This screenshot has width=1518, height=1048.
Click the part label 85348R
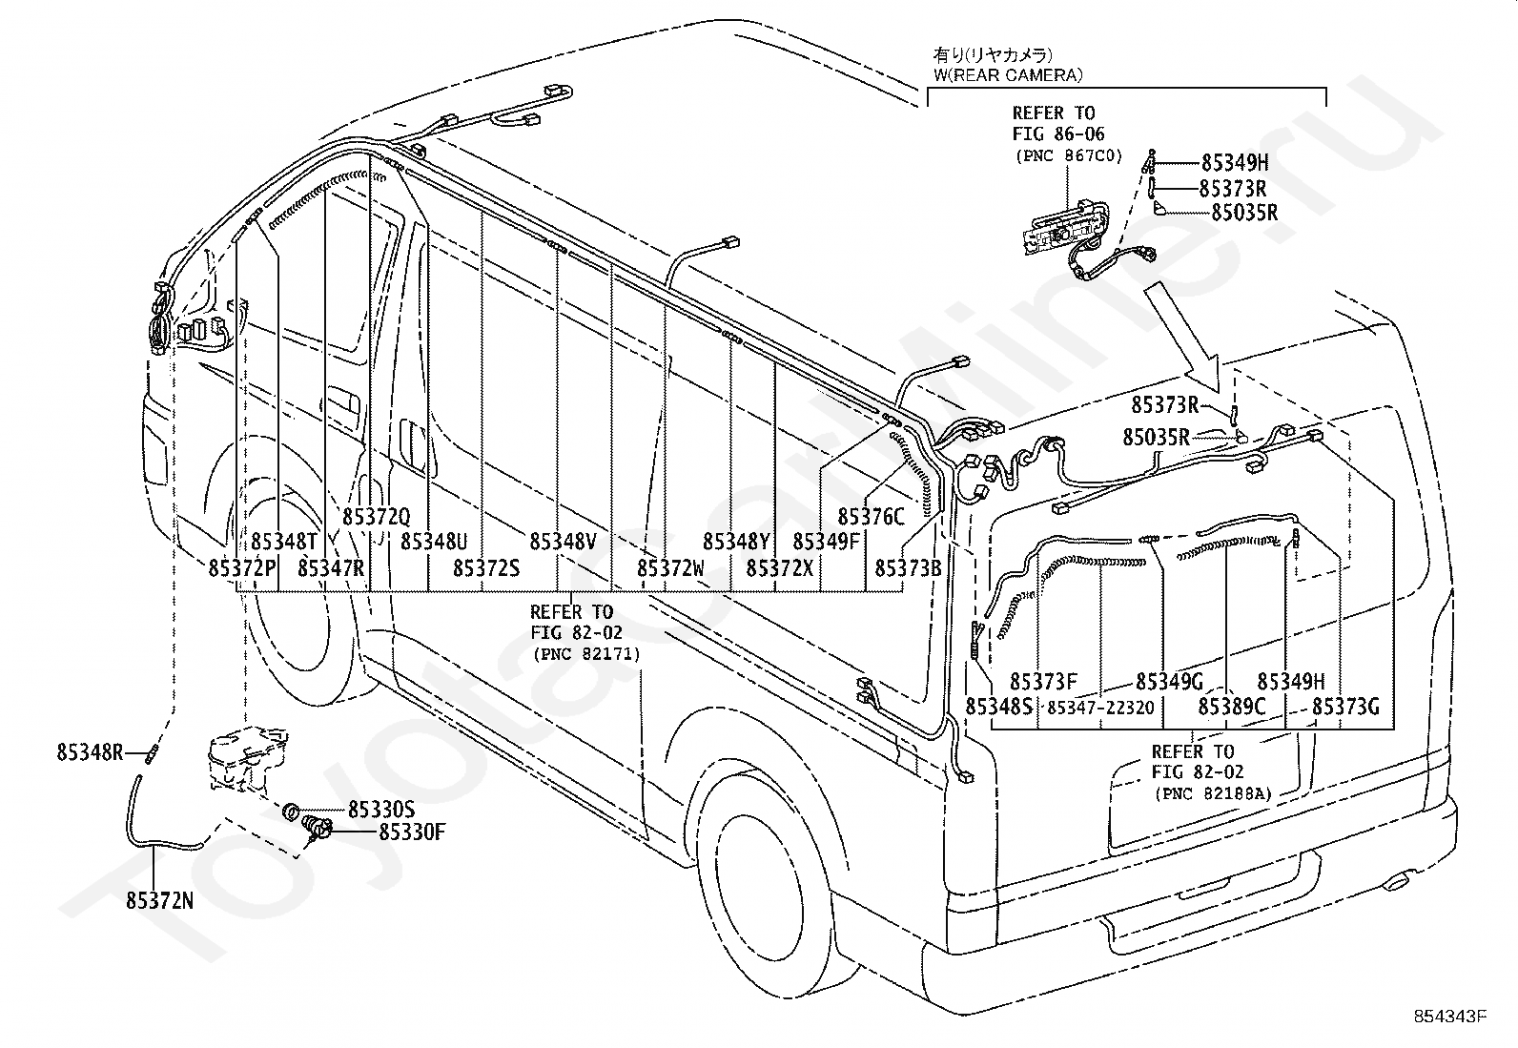pos(91,752)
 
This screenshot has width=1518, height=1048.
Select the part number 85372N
pos(160,901)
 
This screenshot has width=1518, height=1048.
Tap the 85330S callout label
pos(381,810)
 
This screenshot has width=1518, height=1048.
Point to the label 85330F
pos(412,832)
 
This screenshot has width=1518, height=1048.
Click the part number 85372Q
pos(376,517)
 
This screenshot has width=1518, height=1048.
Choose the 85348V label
pos(564,542)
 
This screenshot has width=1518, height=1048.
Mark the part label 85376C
pos(871,517)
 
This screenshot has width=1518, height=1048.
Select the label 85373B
pos(908,568)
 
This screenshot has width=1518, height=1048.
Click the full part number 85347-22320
pos(1100,708)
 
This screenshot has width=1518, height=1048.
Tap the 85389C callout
pos(1232,707)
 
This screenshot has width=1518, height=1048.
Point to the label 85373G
pos(1345,707)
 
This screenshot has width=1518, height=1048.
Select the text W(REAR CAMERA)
pos(1009,75)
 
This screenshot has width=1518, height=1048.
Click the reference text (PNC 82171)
pos(586,654)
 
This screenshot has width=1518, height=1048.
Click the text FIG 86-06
pos(1058,134)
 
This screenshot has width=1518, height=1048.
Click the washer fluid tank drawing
pos(247,758)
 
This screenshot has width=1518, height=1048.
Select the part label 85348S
pos(999,707)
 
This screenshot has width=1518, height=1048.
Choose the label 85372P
pos(242,568)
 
